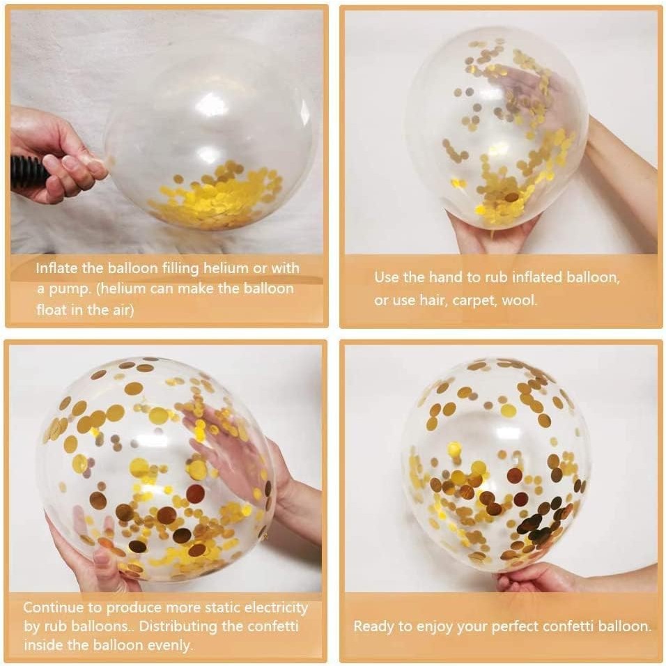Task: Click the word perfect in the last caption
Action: [517, 626]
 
